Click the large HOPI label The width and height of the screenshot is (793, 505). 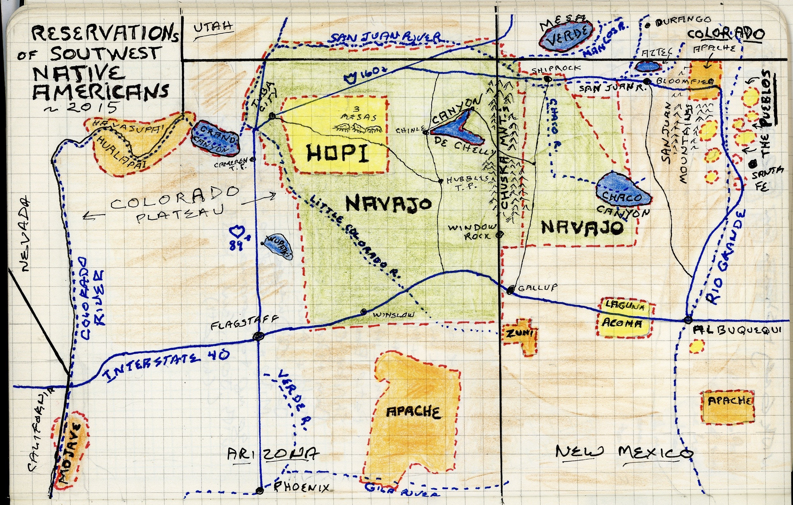337,153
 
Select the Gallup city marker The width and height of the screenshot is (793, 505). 511,290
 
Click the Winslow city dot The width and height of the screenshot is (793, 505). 364,312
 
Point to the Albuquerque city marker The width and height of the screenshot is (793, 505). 688,319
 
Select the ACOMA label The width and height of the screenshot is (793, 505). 622,323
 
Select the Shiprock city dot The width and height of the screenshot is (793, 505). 547,79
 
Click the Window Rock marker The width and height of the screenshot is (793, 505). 500,234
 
